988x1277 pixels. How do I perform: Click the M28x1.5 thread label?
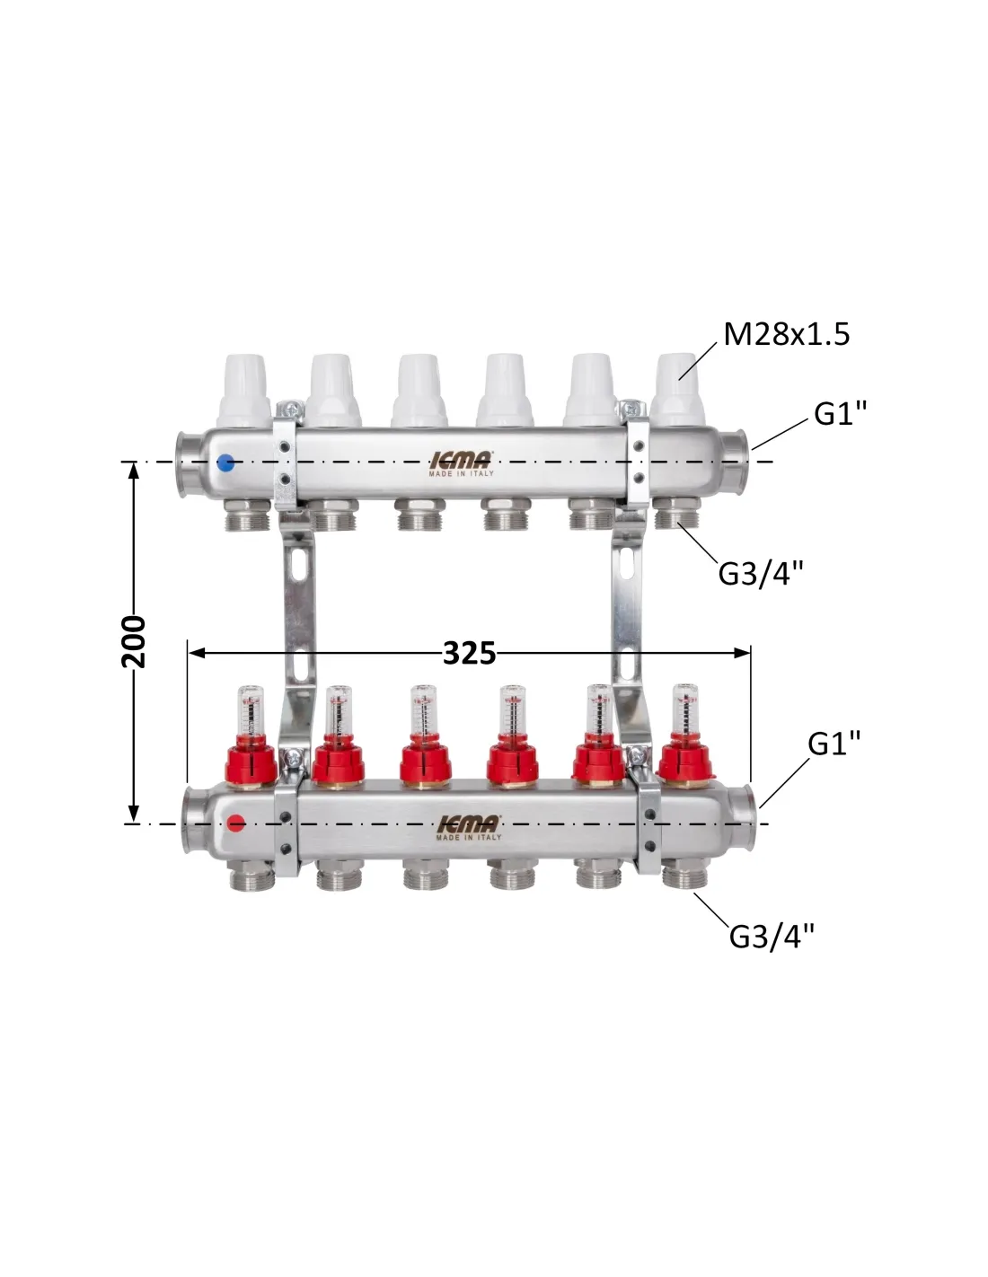tap(787, 334)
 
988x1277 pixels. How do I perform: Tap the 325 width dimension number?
tap(469, 653)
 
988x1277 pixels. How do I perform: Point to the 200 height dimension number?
tap(134, 642)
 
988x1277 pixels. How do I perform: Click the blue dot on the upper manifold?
tap(225, 462)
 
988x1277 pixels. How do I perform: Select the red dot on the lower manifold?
tap(236, 823)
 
